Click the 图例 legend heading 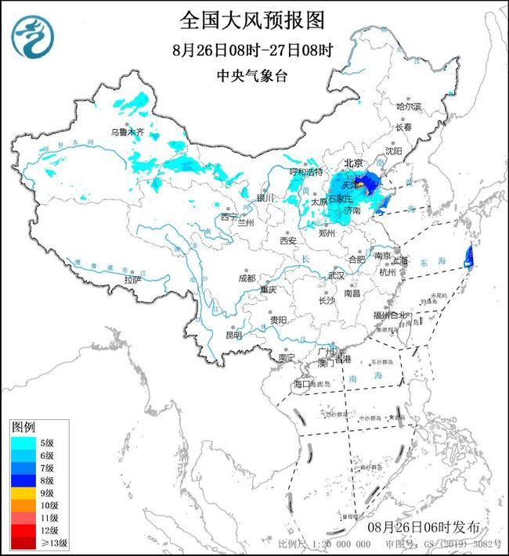tap(23, 428)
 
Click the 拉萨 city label tap(132, 279)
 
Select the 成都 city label tap(247, 278)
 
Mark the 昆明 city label tap(233, 335)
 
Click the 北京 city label tap(354, 164)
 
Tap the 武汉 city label tap(337, 276)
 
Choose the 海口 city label tap(302, 384)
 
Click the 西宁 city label tap(228, 216)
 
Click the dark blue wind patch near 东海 tap(468, 255)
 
